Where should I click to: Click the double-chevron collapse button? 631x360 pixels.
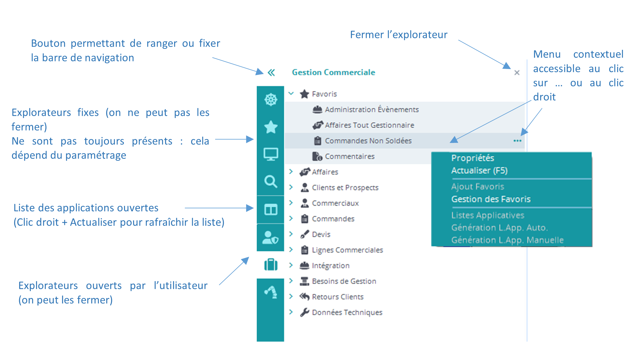pos(271,73)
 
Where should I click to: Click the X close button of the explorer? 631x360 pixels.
pos(517,73)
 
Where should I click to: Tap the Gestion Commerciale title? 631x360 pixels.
pos(333,72)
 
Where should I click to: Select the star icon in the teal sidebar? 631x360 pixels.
pos(271,127)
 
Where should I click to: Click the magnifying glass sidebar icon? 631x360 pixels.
pos(271,181)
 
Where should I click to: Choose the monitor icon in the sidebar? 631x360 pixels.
pos(271,154)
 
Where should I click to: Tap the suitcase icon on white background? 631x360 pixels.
pos(271,265)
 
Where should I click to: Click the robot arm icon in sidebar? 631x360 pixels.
pos(271,292)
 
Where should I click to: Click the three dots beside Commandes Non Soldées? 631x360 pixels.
pos(517,141)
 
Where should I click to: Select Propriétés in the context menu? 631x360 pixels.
pos(472,158)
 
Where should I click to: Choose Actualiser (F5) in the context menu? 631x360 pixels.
pos(479,171)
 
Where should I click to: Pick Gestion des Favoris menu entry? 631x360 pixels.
pos(491,199)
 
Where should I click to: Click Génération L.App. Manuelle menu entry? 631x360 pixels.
pos(507,240)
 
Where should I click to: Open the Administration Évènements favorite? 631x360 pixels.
pos(371,110)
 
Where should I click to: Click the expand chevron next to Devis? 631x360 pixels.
pos(291,234)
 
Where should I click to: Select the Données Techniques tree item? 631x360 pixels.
pos(347,312)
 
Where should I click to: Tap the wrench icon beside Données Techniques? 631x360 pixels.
pos(304,312)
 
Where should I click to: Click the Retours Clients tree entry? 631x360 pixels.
pos(337,297)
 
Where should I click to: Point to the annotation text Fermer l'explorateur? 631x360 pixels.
pos(399,35)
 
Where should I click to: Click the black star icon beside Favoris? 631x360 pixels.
pos(304,94)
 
